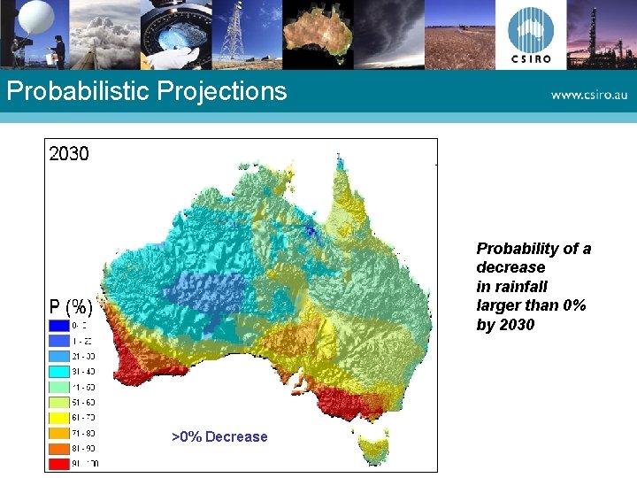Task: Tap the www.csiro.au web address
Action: pyautogui.click(x=587, y=94)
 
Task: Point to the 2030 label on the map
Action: pyautogui.click(x=69, y=154)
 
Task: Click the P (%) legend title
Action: pyautogui.click(x=71, y=308)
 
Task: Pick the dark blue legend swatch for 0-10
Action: pyautogui.click(x=58, y=326)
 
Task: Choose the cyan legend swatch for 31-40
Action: pyautogui.click(x=58, y=371)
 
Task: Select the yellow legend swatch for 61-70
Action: pyautogui.click(x=58, y=417)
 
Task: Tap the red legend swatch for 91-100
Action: pyautogui.click(x=58, y=463)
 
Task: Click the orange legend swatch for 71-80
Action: pyautogui.click(x=58, y=433)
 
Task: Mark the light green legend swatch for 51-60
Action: pyautogui.click(x=58, y=402)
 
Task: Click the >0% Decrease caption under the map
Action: pyautogui.click(x=219, y=436)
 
